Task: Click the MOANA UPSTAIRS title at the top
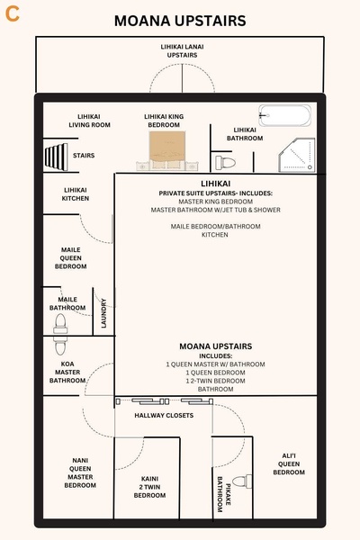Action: coord(180,21)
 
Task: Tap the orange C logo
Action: coord(13,13)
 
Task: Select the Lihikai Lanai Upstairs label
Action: coord(183,50)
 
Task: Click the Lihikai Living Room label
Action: coord(88,121)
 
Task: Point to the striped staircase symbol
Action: coord(58,156)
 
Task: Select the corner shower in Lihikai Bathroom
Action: coord(295,156)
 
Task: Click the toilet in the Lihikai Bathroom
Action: coord(225,162)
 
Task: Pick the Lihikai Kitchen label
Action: coord(76,193)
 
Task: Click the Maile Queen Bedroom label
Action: coord(72,258)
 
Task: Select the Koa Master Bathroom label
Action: coord(67,372)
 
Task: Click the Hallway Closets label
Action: coord(164,416)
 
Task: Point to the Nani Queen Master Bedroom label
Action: coord(80,472)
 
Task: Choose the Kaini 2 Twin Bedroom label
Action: coord(150,487)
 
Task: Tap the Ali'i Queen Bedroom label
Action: coord(289,463)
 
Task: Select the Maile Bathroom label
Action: coord(67,303)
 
